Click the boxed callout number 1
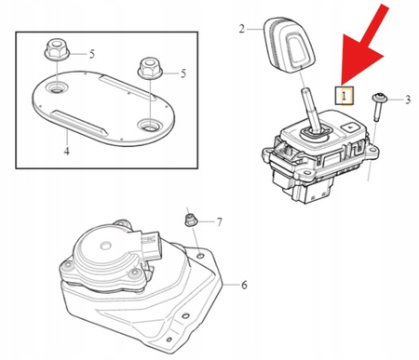344,96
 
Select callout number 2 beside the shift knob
242,29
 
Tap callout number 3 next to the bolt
408,100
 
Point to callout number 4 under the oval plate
67,151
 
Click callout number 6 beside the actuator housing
244,285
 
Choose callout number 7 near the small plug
220,222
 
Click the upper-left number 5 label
92,54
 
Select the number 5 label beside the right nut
183,73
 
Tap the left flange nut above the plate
57,49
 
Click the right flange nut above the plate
150,69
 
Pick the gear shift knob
290,43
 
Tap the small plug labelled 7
188,220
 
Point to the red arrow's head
362,59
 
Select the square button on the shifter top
349,127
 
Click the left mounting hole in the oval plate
56,88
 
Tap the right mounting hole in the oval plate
149,125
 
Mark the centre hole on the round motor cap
106,247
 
